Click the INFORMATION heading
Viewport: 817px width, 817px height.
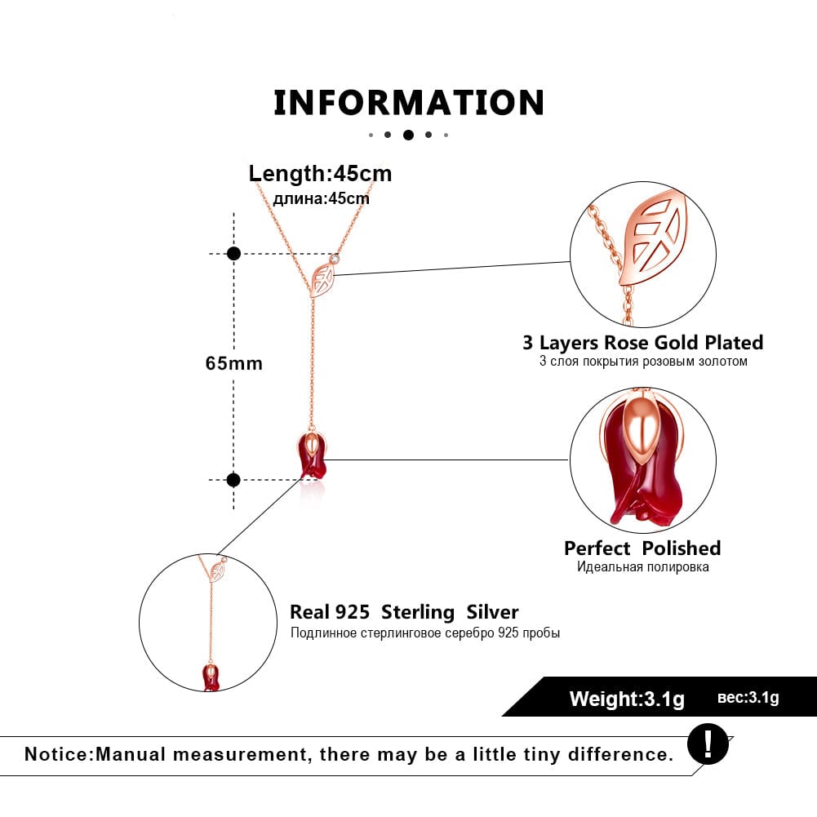click(408, 103)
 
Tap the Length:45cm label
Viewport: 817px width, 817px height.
click(320, 173)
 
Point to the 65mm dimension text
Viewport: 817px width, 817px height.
click(234, 363)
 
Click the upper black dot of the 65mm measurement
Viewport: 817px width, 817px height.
click(234, 254)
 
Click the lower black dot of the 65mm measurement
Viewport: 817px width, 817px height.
click(234, 480)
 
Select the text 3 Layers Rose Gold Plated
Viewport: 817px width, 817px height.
click(643, 342)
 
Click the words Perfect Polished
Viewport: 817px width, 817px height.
click(642, 548)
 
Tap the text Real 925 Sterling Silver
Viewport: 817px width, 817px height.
click(404, 612)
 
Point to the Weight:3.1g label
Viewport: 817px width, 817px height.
click(627, 699)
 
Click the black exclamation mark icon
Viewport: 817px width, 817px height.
click(707, 744)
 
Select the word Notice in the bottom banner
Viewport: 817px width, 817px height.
click(58, 753)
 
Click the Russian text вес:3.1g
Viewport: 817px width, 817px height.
click(748, 698)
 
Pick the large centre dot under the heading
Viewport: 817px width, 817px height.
click(408, 135)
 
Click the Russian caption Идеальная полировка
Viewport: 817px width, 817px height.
click(642, 566)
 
